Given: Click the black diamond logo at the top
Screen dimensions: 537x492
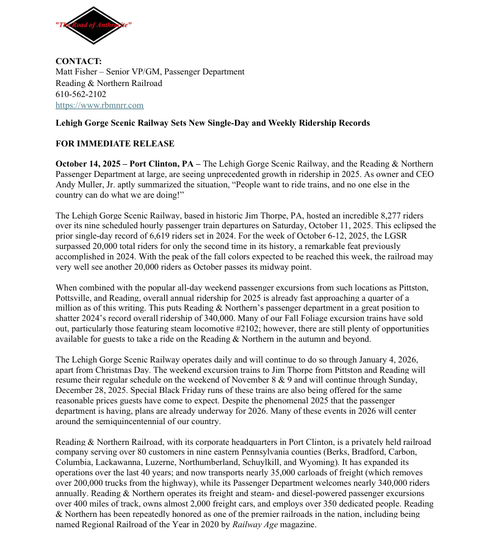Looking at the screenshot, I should (93, 25).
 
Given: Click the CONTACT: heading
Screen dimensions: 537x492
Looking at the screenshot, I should (79, 61).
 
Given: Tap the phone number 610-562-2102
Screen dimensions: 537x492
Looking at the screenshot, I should (81, 94).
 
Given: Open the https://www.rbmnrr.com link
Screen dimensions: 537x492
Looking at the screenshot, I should (99, 105).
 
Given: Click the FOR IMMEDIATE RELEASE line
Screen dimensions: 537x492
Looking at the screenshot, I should (115, 144).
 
